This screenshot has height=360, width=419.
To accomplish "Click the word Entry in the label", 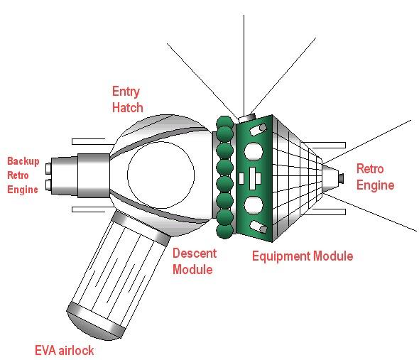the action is click(126, 92).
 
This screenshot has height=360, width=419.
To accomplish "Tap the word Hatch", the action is click(127, 107).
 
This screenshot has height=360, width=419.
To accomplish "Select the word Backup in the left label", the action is click(23, 161).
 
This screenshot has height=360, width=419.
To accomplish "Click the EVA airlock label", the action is click(65, 350).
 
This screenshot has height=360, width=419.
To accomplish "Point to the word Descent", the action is click(195, 253).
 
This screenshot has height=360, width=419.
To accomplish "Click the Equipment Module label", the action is click(303, 256).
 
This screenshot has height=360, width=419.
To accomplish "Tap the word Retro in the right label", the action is click(370, 169).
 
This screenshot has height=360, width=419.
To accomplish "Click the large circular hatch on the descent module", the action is click(161, 175).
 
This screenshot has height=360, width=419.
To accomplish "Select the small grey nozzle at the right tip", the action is click(341, 178).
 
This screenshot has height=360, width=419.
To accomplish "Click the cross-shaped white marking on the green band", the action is click(253, 178).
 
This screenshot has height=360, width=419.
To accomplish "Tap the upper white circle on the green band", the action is click(254, 151).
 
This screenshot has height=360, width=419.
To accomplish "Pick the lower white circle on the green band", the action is click(254, 205).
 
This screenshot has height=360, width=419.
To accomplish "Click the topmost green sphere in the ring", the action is click(224, 122).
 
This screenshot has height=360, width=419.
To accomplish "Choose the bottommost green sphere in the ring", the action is click(224, 231).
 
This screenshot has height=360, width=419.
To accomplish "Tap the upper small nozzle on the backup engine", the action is click(48, 169).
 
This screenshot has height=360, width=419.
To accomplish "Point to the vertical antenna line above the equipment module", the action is click(244, 65).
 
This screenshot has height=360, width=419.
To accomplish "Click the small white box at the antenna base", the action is click(246, 118).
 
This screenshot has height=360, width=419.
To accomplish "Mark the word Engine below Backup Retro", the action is click(23, 190).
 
